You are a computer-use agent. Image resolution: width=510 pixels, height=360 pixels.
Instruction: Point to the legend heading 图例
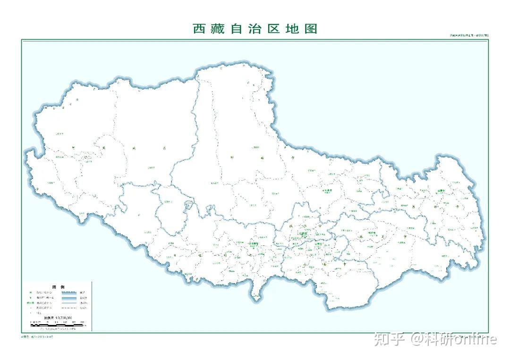[x=58, y=287]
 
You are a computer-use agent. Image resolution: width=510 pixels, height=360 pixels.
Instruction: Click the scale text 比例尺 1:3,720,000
[x=57, y=319]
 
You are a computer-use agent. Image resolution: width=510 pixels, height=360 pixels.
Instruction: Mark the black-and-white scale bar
[x=57, y=324]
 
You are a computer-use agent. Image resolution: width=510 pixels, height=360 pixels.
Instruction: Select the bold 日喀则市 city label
[x=255, y=244]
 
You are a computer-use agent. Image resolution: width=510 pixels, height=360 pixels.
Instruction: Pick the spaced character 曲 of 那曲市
[x=259, y=159]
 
